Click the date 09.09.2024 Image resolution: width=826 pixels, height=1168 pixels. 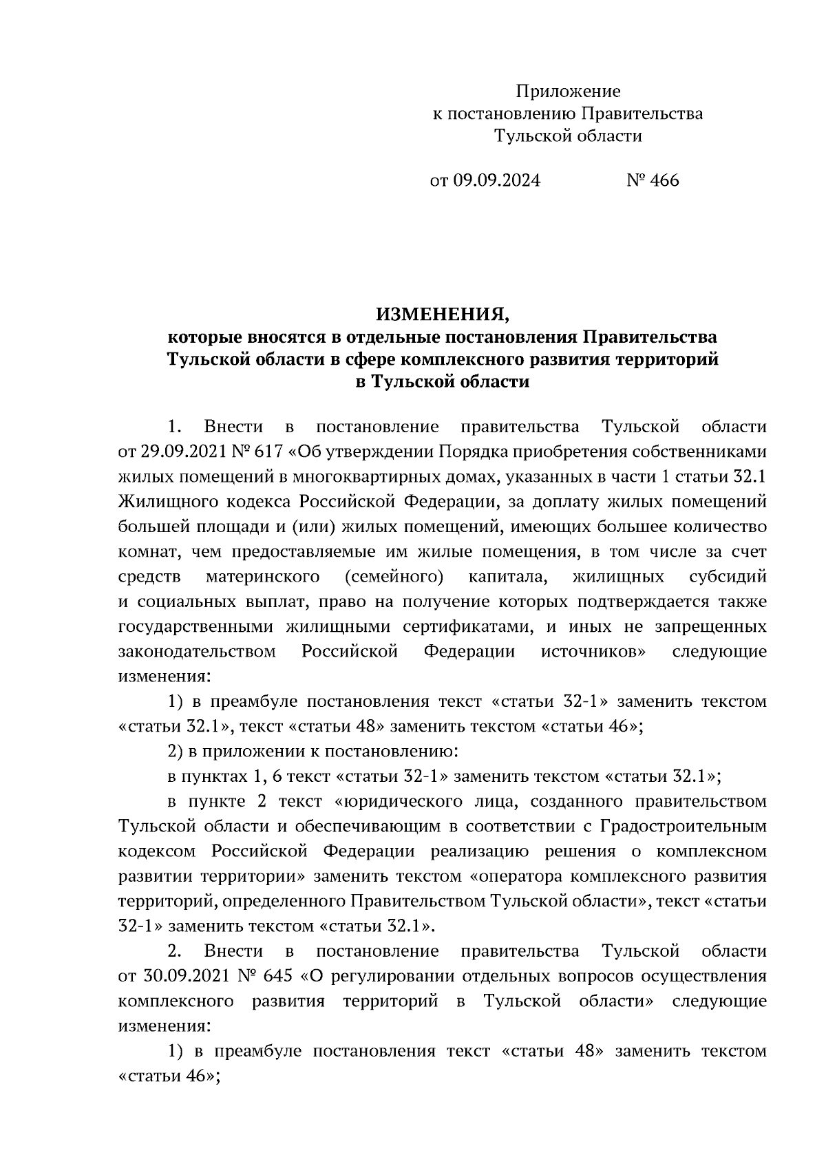(x=496, y=180)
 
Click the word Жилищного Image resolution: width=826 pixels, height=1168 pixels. (x=162, y=502)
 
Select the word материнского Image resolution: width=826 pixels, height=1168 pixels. (x=262, y=577)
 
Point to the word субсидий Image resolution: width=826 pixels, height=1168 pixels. (x=728, y=577)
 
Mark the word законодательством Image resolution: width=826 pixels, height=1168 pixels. (x=198, y=652)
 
